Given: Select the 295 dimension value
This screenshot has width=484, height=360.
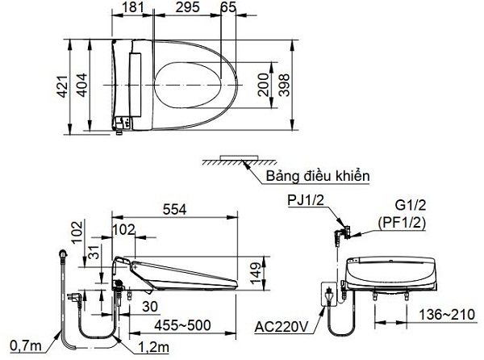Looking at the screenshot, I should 186,10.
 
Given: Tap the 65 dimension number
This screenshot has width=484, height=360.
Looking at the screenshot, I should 228,10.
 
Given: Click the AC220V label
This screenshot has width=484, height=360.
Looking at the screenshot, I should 282,328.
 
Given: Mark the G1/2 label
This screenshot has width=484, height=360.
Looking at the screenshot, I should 411,207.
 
